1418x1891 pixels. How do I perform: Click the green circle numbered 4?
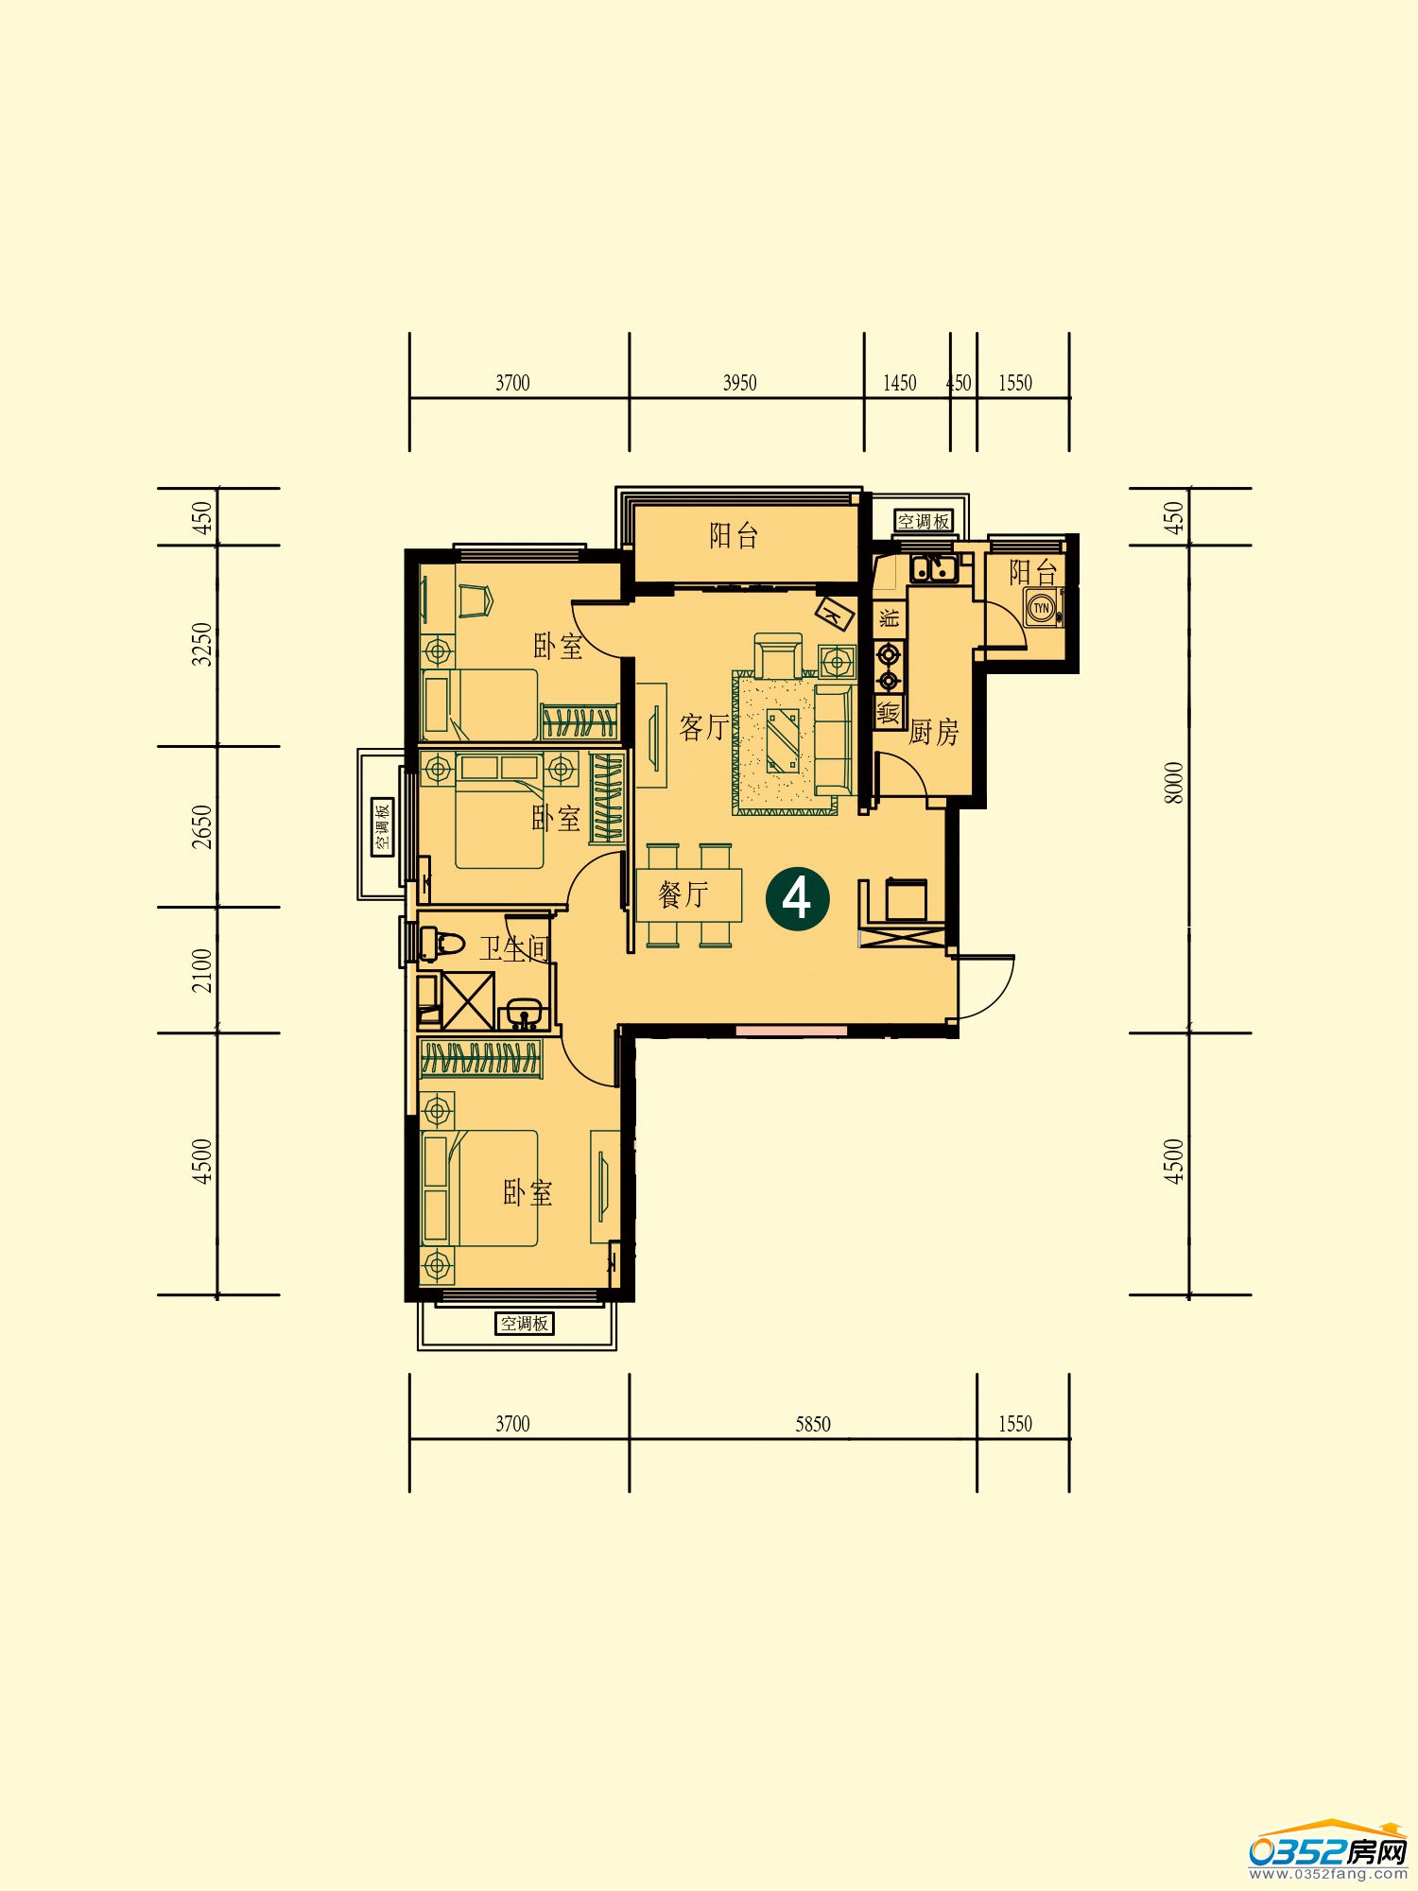(797, 898)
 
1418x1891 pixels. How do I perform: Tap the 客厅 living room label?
(704, 727)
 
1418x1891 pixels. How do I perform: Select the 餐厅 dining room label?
(683, 894)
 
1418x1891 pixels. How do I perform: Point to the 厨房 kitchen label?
(934, 731)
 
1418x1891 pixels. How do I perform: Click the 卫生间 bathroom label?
(514, 948)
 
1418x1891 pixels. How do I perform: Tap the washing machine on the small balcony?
(1043, 608)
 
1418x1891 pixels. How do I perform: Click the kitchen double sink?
(933, 569)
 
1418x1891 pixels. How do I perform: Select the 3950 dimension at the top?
(739, 383)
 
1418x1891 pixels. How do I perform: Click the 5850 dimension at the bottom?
(813, 1424)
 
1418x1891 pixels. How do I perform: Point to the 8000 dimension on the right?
(1173, 783)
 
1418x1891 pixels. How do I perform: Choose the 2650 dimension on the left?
(202, 826)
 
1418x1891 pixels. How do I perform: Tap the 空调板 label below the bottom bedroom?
(525, 1324)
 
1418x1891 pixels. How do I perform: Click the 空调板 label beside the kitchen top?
(924, 521)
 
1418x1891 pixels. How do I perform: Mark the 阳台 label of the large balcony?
(735, 536)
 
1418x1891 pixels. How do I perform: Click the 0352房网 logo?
(1328, 1850)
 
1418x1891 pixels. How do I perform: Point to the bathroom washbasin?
(524, 1014)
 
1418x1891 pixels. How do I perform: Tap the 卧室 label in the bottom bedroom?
(527, 1193)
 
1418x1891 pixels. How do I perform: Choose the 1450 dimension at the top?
(900, 383)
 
